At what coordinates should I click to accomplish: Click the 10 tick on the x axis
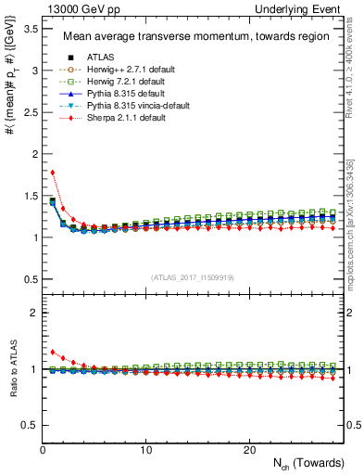145,449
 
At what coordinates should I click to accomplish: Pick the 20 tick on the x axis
248,449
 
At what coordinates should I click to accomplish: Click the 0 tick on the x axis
43,449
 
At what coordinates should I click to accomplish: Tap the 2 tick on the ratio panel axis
33,313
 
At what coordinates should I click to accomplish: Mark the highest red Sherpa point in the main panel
53,172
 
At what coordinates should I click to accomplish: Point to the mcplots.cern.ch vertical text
354,223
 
